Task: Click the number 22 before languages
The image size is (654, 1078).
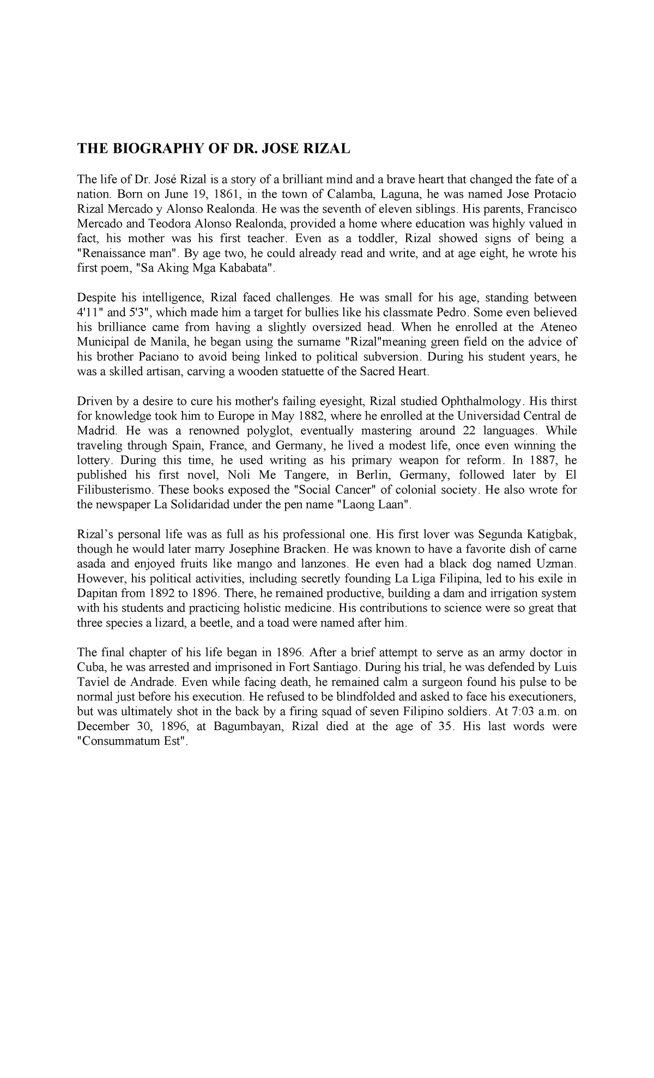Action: click(x=462, y=431)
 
